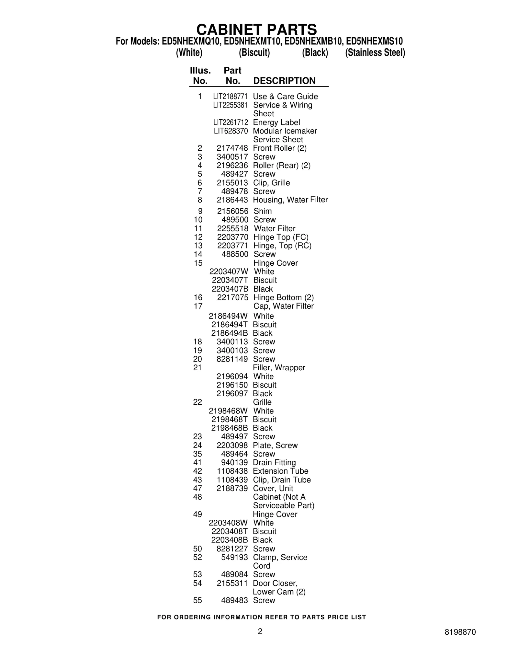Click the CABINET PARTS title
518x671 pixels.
pos(256,30)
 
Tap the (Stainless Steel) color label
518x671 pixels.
pos(375,52)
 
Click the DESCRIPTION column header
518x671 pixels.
pos(284,81)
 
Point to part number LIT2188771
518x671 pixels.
pos(230,97)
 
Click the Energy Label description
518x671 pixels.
pos(276,122)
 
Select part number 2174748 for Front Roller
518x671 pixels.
pos(232,148)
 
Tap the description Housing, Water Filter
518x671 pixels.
pos(290,200)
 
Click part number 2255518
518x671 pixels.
pos(232,228)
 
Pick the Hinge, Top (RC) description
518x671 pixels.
pos(282,246)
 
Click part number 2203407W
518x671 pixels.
pos(229,272)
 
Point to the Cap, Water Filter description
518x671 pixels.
pos(283,306)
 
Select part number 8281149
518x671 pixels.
pos(232,359)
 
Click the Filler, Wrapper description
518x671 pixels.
pos(279,368)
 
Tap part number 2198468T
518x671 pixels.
pos(230,420)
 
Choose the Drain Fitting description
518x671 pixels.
pos(274,463)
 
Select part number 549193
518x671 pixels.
pos(234,558)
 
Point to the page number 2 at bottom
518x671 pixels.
pos(260,631)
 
